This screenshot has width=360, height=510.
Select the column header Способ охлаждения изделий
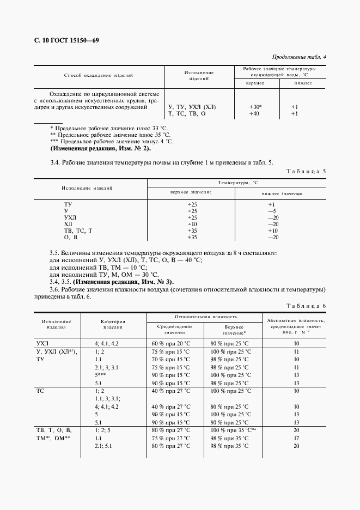click(x=99, y=76)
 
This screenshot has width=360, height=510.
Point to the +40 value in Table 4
click(x=255, y=114)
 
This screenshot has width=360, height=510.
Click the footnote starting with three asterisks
click(x=111, y=141)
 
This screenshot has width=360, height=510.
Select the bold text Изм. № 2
click(x=133, y=148)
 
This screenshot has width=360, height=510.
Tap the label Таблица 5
click(x=306, y=172)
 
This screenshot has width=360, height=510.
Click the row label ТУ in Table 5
click(x=68, y=204)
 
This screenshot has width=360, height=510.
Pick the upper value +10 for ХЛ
click(x=192, y=224)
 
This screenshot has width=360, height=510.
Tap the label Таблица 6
click(x=306, y=306)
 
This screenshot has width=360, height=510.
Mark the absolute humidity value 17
click(x=297, y=438)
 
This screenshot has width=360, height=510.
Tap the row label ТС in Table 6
click(x=40, y=391)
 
